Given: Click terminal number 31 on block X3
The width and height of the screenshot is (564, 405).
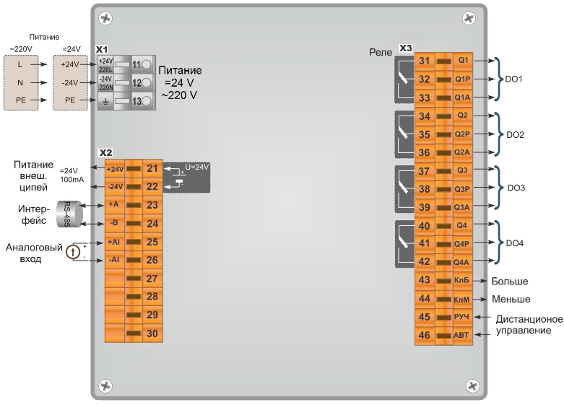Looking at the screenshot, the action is (x=425, y=61).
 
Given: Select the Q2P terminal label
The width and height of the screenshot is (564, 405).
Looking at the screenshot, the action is (x=462, y=134).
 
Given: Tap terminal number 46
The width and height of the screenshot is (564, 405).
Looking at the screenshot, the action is (x=425, y=335).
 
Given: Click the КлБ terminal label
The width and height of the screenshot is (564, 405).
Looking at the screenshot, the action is (x=461, y=280).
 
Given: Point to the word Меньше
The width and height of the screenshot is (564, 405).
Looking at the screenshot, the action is (x=511, y=300).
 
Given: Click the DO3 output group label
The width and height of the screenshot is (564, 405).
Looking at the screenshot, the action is (x=516, y=188).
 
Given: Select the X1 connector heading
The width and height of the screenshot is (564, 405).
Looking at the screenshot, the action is (x=102, y=49).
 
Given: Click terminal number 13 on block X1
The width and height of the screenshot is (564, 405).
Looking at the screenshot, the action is (x=136, y=101).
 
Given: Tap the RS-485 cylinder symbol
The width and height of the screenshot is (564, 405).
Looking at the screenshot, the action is (x=69, y=214).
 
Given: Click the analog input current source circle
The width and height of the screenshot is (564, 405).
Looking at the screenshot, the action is (x=73, y=252).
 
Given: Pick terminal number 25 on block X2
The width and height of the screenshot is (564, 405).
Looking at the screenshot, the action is (x=152, y=242).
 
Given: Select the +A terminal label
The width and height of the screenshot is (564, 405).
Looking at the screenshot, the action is (x=113, y=204).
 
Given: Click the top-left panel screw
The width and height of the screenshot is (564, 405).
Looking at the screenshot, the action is (x=105, y=18).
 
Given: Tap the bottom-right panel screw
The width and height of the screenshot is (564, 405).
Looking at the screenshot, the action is (x=472, y=386).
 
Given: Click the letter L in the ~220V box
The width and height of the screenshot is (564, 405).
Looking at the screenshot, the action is (x=19, y=65).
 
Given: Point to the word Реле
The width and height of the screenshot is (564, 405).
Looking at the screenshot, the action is (x=381, y=52).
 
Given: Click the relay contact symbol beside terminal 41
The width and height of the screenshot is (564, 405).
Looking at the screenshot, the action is (x=404, y=243).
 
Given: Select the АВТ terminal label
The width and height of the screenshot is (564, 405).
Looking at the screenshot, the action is (x=461, y=335).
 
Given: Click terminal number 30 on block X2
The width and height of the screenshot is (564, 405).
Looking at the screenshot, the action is (x=152, y=334).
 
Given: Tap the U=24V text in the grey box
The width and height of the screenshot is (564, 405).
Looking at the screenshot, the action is (x=196, y=167).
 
